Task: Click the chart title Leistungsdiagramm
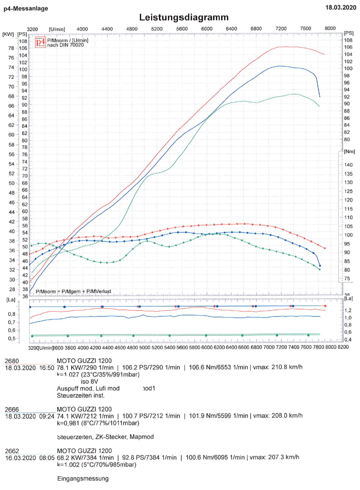183,18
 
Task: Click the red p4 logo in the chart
40,42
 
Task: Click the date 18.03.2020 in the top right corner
340,7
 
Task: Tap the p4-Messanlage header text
26,8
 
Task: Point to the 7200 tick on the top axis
281,28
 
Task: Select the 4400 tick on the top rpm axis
107,29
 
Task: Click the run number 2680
12,361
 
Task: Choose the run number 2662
12,451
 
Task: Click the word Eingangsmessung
83,479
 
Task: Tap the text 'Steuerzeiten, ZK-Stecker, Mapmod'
105,437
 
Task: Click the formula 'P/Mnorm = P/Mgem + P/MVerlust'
74,291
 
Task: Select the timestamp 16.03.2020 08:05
30,458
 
